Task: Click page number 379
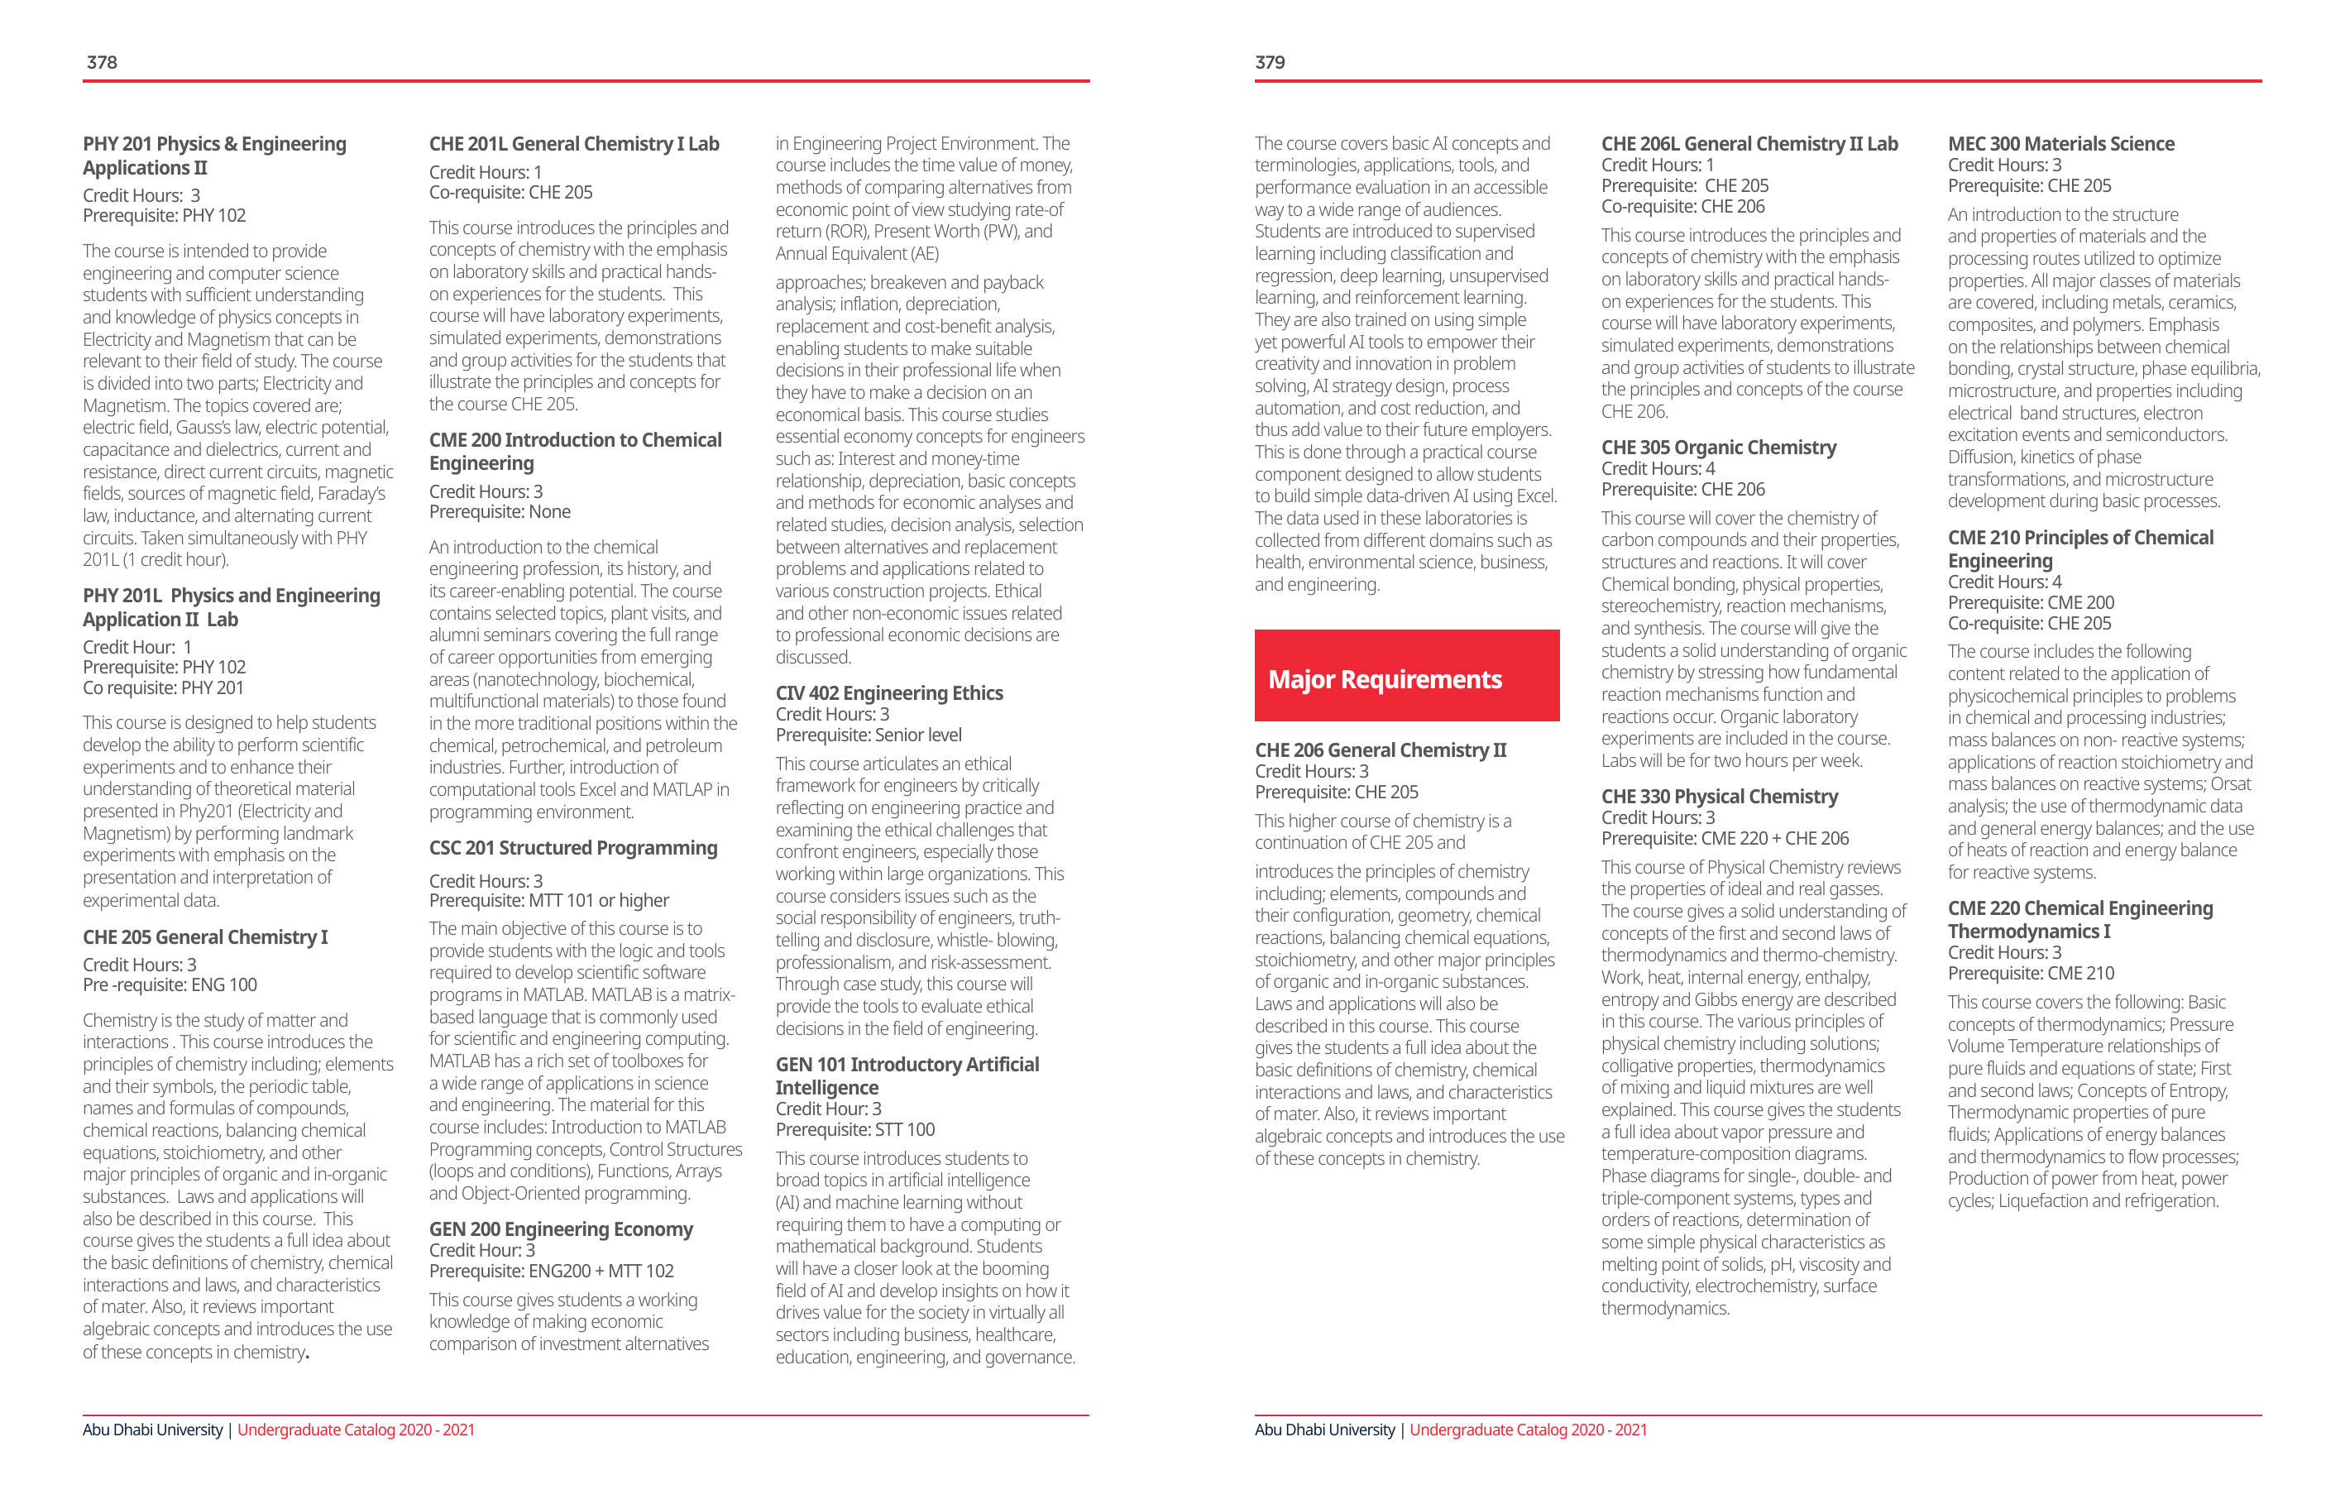(x=1269, y=62)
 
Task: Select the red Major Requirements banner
(x=1406, y=676)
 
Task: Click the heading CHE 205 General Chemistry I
(x=204, y=937)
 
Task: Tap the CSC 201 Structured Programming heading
(x=572, y=849)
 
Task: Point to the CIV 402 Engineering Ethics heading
(x=888, y=692)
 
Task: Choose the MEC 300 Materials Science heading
(x=2060, y=144)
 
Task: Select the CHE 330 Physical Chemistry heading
(x=1719, y=797)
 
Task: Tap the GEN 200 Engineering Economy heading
(x=561, y=1229)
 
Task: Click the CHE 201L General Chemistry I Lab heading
(x=573, y=144)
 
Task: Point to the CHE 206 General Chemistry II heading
(x=1380, y=750)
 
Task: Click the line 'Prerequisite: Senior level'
(x=868, y=735)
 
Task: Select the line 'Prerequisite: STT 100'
(x=854, y=1130)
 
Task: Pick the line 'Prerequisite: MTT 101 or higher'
(x=548, y=901)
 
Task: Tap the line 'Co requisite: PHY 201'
(x=163, y=687)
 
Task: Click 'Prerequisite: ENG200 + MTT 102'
(x=551, y=1271)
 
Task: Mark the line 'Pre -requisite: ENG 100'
(x=170, y=984)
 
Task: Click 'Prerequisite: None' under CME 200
(x=500, y=512)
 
